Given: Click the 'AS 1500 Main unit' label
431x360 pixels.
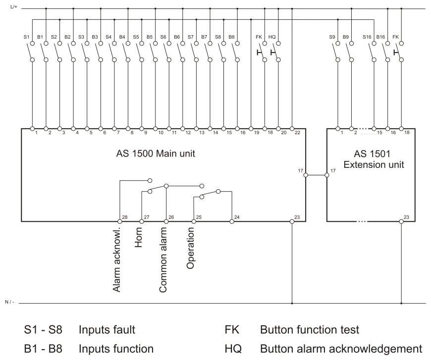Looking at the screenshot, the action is (x=156, y=153).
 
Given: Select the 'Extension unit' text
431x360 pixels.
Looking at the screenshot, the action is (x=374, y=164).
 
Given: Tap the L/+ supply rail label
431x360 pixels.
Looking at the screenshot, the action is (x=14, y=6).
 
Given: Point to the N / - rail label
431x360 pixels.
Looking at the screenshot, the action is (x=9, y=302).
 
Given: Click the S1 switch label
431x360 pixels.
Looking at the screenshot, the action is (x=26, y=37).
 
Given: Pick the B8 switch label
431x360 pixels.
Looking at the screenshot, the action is (x=231, y=37).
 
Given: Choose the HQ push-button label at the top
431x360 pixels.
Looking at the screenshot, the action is (x=272, y=37).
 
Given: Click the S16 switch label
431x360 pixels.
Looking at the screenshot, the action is (x=367, y=37).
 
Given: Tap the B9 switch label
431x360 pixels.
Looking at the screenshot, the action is (x=345, y=37).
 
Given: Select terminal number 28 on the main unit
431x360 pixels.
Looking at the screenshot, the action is (x=125, y=217).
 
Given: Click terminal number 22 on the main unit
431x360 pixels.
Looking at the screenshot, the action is (x=297, y=132).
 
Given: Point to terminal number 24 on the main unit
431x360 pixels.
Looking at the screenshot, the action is (x=237, y=217).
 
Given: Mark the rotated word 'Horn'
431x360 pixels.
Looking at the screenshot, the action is (x=138, y=237).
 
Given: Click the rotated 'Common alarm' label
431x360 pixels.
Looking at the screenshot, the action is (x=163, y=259).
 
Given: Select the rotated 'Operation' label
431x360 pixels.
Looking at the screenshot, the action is (x=190, y=248).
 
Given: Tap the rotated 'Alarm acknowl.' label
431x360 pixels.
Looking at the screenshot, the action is (x=117, y=259).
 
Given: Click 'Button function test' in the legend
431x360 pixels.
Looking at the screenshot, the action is (x=310, y=329).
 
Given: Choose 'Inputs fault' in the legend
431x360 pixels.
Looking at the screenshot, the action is (x=107, y=329).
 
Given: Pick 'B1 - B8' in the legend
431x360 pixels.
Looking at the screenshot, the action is (x=43, y=349).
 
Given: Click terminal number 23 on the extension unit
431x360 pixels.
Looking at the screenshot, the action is (x=406, y=217).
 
